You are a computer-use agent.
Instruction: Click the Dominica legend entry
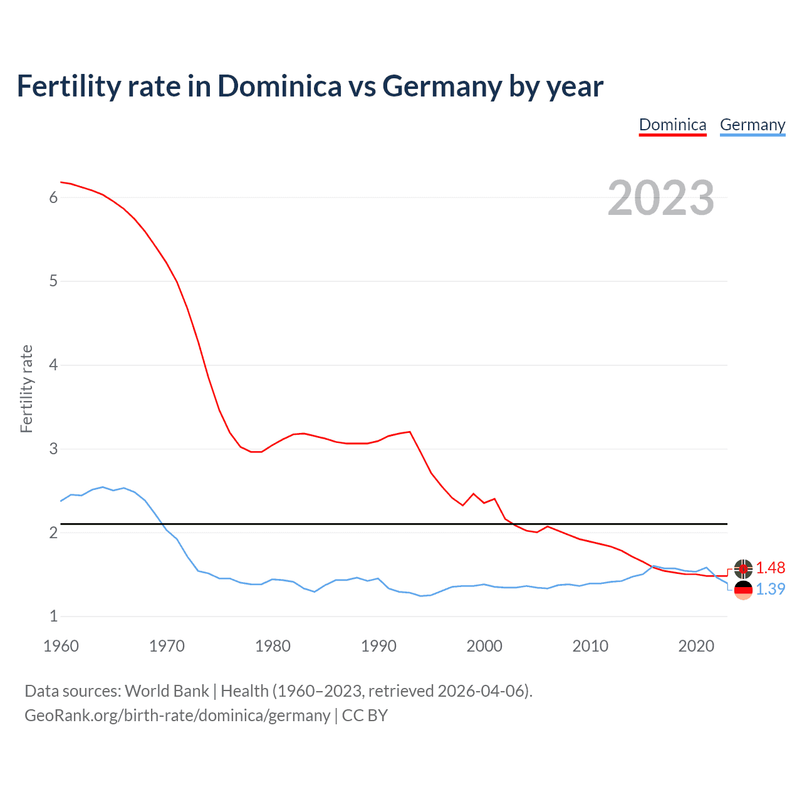[x=672, y=125]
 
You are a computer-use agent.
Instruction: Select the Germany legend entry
[x=752, y=125]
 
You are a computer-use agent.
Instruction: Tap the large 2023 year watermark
[x=660, y=198]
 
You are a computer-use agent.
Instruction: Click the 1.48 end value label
[x=770, y=568]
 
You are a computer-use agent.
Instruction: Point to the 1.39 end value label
[x=770, y=589]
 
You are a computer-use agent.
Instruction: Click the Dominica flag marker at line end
[x=743, y=568]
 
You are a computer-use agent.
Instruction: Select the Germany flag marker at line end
[x=743, y=590]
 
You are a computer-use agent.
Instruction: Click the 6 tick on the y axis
[x=53, y=197]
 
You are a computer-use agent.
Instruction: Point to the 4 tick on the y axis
[x=53, y=365]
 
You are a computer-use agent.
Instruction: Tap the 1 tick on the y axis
[x=53, y=616]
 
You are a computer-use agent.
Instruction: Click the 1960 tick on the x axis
[x=61, y=646]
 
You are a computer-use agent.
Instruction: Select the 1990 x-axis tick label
[x=378, y=646]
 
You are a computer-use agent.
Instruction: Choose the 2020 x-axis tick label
[x=696, y=646]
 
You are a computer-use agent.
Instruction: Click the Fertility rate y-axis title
[x=26, y=388]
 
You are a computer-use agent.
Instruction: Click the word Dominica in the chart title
[x=279, y=86]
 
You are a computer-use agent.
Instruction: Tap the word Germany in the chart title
[x=442, y=86]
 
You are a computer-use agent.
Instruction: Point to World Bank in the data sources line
[x=167, y=690]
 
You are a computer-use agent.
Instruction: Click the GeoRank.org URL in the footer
[x=177, y=716]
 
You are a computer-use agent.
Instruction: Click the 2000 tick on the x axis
[x=484, y=646]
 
